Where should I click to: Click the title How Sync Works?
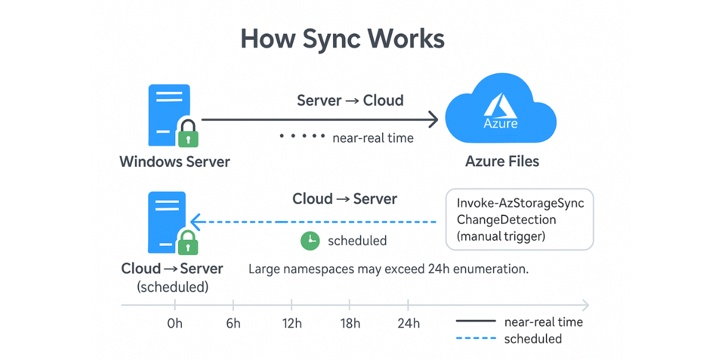pos(343,39)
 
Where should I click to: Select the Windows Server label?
pos(175,161)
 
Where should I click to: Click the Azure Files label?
pos(502,161)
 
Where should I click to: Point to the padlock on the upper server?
pos(188,133)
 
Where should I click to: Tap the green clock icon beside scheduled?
pos(310,241)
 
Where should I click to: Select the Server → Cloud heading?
pos(350,100)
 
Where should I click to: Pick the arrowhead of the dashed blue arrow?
pos(196,222)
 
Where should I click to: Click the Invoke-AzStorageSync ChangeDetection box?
pos(520,219)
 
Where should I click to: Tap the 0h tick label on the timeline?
pos(175,323)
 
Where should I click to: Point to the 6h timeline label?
pos(233,323)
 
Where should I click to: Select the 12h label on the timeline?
pos(292,323)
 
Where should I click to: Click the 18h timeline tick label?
pos(350,323)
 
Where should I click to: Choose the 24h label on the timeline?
pos(409,323)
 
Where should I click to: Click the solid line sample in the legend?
pos(476,322)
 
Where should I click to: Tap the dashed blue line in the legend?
pos(476,339)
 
